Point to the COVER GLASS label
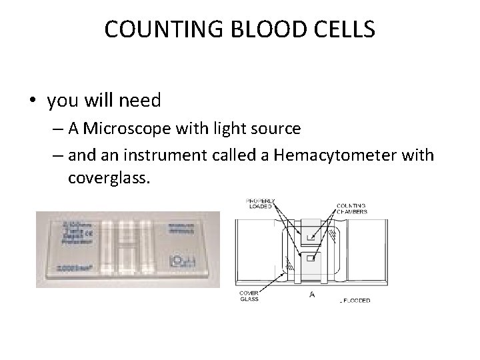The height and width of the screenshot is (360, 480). tap(250, 295)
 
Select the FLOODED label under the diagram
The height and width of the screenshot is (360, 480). tap(355, 301)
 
